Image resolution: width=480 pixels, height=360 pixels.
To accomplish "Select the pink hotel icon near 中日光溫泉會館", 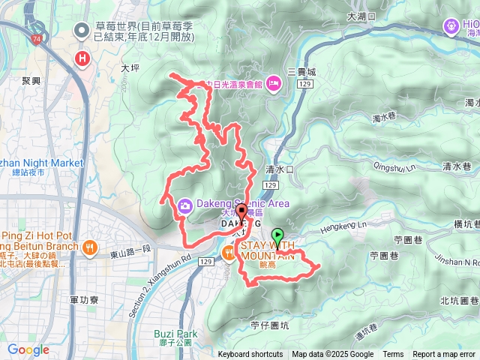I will tap(273, 83).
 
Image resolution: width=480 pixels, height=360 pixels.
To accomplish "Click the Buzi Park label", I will tap(178, 333).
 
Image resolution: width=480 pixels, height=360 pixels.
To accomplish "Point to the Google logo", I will tap(28, 349).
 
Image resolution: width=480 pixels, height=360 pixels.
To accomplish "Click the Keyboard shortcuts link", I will tap(250, 355).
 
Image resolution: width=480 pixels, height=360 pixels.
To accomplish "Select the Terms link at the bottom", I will tap(393, 355).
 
